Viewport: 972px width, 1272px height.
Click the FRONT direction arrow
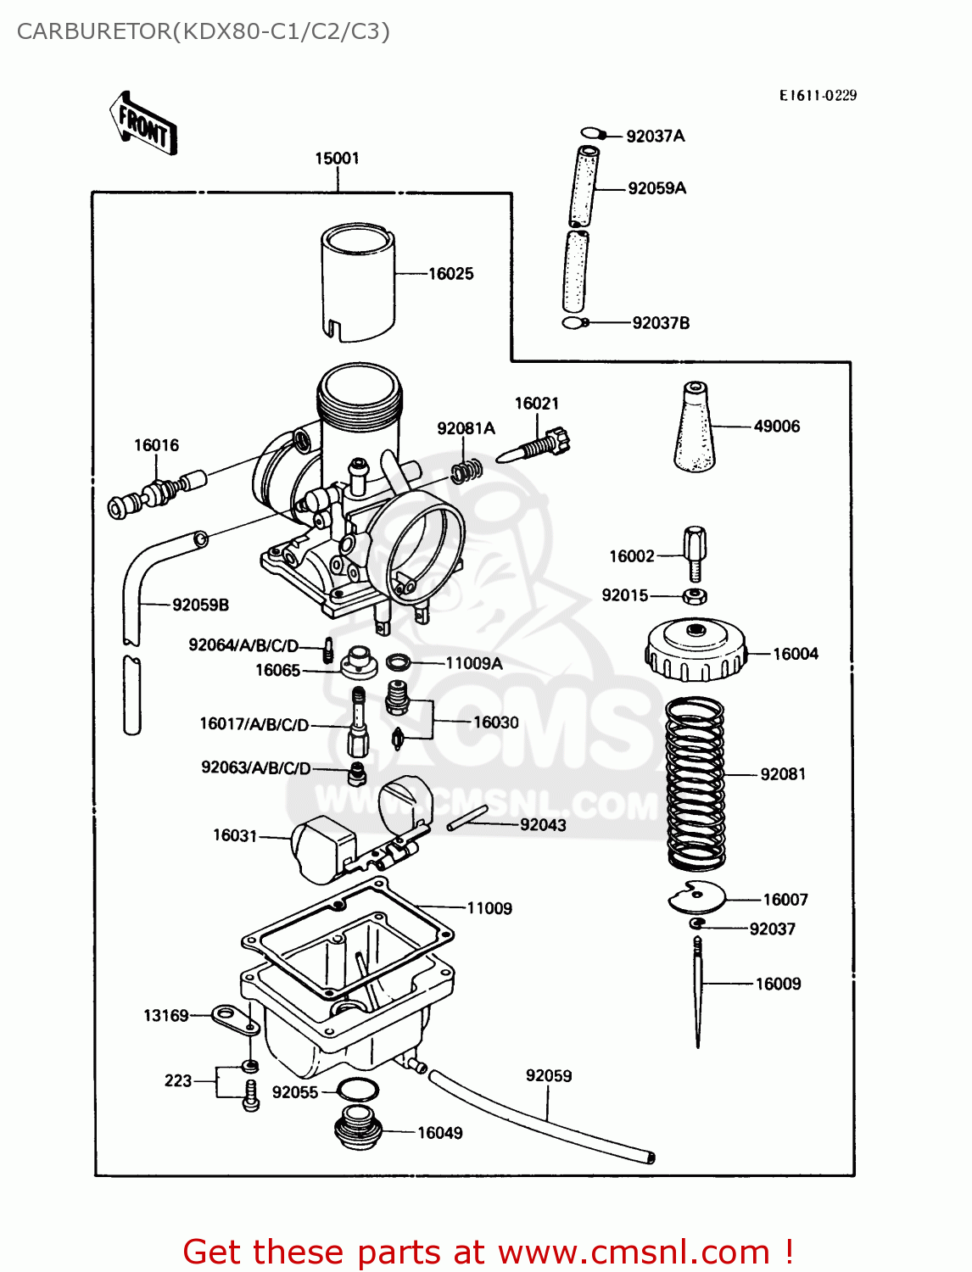[143, 124]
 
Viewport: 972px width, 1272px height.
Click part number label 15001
[337, 159]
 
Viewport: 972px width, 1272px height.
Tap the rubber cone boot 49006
[694, 428]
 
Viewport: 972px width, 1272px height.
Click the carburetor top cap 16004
[695, 650]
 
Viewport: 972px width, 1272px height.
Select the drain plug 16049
[358, 1129]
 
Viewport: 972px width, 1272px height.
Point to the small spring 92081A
[466, 470]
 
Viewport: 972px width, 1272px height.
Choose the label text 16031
[234, 836]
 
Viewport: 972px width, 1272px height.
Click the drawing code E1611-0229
[818, 96]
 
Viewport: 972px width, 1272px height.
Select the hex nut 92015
[695, 595]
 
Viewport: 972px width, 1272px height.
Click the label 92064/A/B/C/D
[243, 645]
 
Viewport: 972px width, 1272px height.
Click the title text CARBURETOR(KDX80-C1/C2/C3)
[204, 31]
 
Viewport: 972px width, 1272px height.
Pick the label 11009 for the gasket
[489, 909]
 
